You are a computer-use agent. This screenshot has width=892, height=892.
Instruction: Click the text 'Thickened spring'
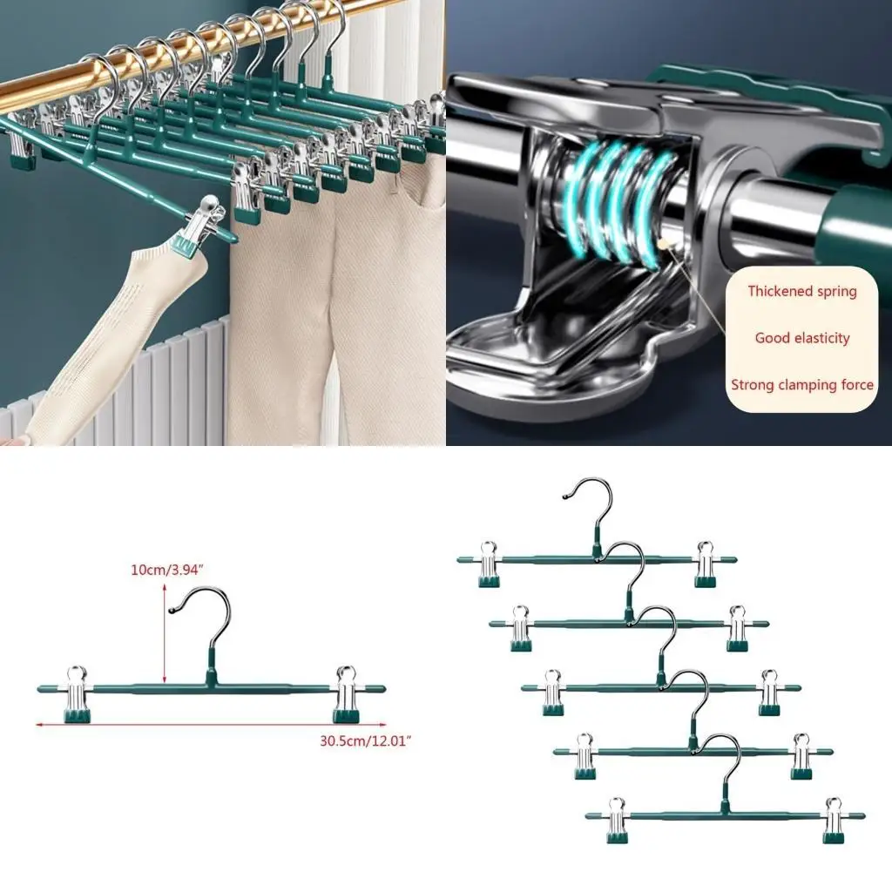pos(801,292)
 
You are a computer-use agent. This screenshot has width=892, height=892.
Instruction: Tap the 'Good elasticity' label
pos(801,338)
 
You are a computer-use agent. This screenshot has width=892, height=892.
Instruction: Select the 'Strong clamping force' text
pos(801,384)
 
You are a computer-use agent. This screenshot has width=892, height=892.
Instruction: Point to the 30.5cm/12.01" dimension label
pos(365,740)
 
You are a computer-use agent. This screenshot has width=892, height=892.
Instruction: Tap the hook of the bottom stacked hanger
pos(722,758)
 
